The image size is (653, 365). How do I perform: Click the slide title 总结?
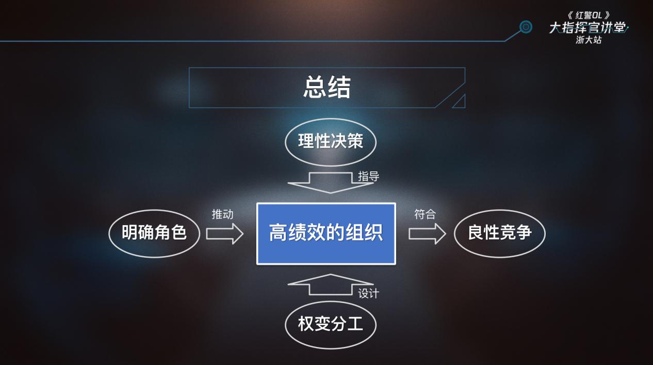click(x=327, y=87)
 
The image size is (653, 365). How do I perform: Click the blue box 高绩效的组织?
click(x=326, y=234)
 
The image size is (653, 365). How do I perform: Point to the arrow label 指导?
click(x=368, y=176)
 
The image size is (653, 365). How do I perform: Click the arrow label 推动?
click(x=222, y=214)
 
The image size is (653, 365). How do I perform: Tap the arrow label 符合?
click(x=425, y=214)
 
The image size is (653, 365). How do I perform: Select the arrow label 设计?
click(x=368, y=294)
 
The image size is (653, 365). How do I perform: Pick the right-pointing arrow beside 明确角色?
click(x=225, y=234)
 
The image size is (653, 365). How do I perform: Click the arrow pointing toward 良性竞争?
click(x=428, y=234)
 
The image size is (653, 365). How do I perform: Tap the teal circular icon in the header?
click(x=526, y=27)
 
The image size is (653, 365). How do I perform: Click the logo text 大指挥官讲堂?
click(x=588, y=28)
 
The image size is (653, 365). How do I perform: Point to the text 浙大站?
click(x=589, y=40)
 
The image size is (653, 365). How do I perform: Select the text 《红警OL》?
click(x=589, y=15)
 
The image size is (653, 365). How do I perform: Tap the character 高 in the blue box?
click(x=278, y=233)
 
